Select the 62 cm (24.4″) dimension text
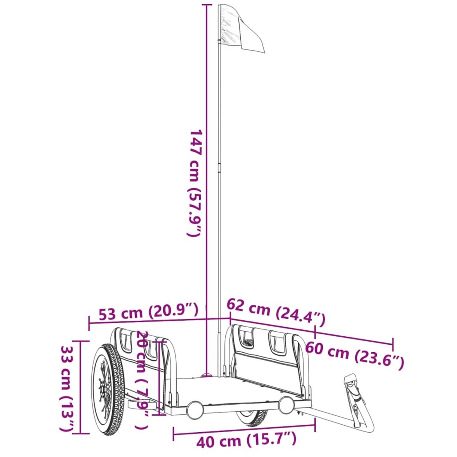click(x=276, y=311)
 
